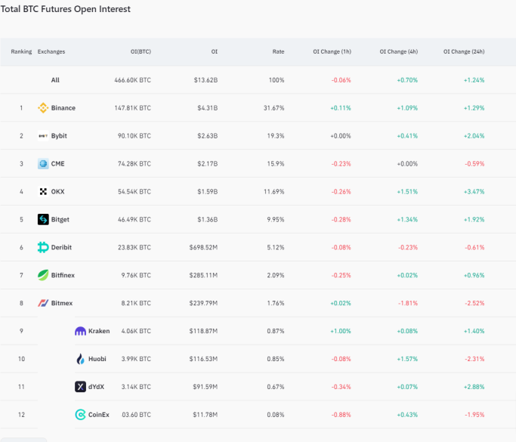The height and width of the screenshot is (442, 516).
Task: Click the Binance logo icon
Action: pos(43,107)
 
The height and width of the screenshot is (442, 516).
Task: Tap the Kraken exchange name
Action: pos(99,331)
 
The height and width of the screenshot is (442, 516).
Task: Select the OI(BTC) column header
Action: pos(141,51)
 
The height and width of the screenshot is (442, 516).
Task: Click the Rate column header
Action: pos(278,51)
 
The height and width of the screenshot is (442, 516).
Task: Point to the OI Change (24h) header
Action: pos(464,51)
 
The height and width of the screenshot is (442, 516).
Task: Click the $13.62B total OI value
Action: pos(205,80)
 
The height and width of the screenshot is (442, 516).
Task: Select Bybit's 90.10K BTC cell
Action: pos(134,135)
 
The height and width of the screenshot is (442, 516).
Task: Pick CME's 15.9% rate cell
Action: pos(276,163)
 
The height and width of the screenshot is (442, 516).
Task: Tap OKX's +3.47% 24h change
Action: pos(474,192)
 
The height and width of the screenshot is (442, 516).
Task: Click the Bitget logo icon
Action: pos(43,219)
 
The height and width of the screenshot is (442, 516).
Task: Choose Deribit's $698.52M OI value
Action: pos(203,247)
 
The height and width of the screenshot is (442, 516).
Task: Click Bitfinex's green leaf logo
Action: pos(43,275)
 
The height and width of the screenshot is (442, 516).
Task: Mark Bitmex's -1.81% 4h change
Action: pos(408,303)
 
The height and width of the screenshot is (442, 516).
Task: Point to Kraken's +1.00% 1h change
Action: pos(341,331)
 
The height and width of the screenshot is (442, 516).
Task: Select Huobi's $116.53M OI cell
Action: pos(203,359)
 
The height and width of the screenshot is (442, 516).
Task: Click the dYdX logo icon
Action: pos(80,386)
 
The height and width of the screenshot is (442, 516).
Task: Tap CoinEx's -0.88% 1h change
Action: pos(341,415)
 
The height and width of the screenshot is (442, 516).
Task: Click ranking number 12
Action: pos(21,415)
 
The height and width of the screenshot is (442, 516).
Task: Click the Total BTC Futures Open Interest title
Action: pos(66,9)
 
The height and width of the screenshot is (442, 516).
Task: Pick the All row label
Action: pos(55,80)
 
